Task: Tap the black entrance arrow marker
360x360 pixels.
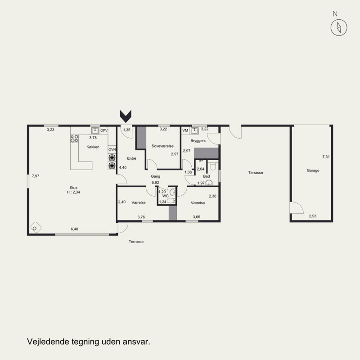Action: tap(126, 117)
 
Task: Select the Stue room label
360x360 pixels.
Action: tap(73, 188)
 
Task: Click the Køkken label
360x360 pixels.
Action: tap(93, 147)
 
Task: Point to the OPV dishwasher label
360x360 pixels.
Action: tap(104, 130)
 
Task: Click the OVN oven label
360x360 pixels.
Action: tap(112, 149)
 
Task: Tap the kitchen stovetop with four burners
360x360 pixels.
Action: tap(74, 139)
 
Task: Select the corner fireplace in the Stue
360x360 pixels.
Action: tap(36, 227)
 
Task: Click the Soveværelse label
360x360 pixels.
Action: tap(162, 146)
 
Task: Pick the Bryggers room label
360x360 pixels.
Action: tap(198, 141)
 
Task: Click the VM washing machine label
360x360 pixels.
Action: tap(185, 130)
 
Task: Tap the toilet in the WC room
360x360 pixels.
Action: tap(171, 201)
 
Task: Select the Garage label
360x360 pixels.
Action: tap(313, 171)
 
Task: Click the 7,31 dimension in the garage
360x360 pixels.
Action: tap(326, 157)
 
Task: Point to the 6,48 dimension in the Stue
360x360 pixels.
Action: tap(74, 229)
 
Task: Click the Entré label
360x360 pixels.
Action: tap(131, 158)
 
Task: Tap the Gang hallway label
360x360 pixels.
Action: tap(155, 176)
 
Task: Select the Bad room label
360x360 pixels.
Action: tap(207, 176)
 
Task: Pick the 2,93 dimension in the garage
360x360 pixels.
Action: tap(313, 216)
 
